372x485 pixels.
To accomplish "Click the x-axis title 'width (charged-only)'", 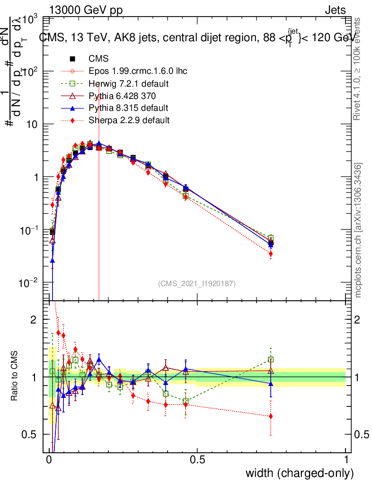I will coord(300,473).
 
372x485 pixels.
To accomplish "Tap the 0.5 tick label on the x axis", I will coord(197,460).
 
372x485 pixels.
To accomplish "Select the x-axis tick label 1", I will coord(346,460).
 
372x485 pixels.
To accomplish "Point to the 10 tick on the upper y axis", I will coord(31,124).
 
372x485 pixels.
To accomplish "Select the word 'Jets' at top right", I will coord(335,10).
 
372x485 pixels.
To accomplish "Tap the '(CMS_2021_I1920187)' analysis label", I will coord(197,284).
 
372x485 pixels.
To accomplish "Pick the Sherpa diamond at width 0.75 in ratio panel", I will coord(271,416).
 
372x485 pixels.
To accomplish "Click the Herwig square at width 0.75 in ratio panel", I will coord(271,359).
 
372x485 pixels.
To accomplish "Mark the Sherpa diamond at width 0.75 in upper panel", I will coord(271,254).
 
